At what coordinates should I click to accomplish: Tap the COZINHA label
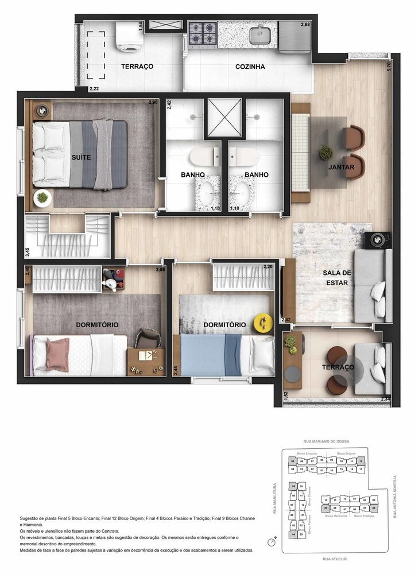tap(250, 67)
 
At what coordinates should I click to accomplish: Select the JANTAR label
tap(341, 168)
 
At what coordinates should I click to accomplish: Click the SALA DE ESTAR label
tap(336, 278)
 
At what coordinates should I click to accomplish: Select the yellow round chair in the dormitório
tap(263, 323)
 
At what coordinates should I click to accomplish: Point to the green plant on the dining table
tap(326, 153)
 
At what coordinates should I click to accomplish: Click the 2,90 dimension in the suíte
tap(153, 102)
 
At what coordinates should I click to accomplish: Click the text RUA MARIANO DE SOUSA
tap(326, 441)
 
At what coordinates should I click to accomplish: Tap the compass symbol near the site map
tap(272, 542)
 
